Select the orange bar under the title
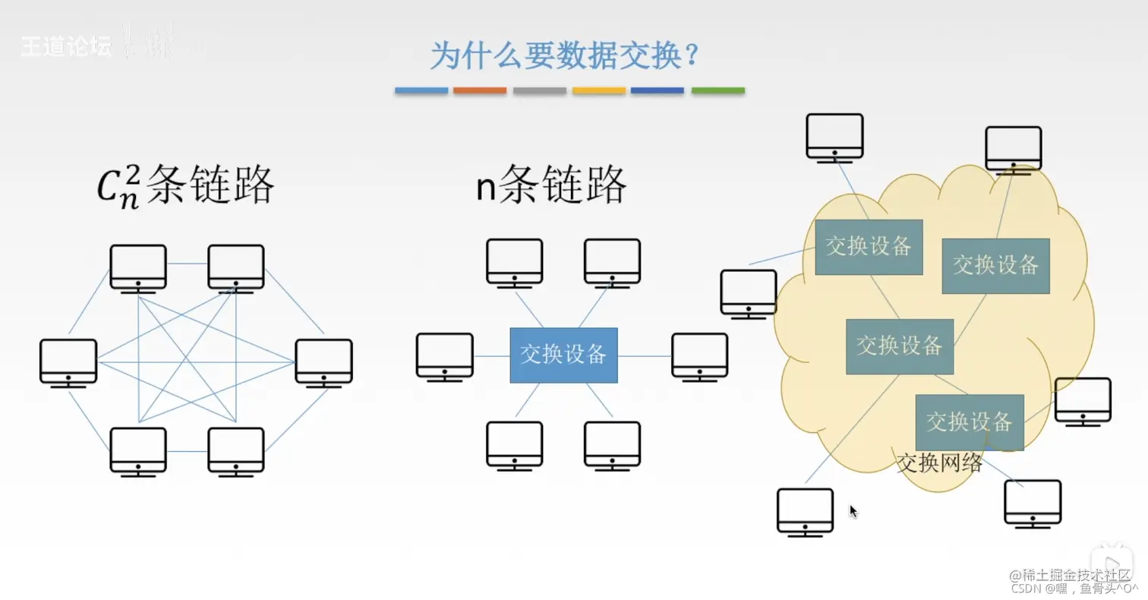[480, 90]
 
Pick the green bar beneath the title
[717, 90]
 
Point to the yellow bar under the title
[599, 90]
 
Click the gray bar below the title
[540, 90]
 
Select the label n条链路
[550, 185]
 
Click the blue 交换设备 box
[563, 355]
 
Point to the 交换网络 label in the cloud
[939, 462]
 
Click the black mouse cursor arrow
[853, 511]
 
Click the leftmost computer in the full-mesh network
[68, 363]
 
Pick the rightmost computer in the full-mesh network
[323, 363]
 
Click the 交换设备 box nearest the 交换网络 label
[970, 422]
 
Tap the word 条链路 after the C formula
[210, 185]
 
